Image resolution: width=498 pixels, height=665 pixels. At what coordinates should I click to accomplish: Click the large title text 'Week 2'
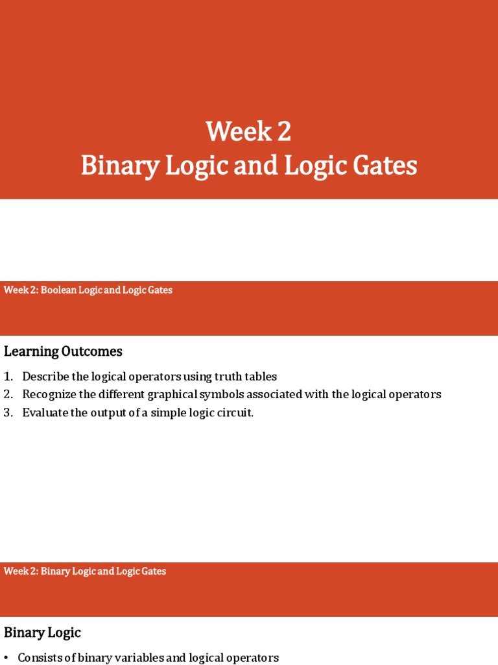tap(249, 132)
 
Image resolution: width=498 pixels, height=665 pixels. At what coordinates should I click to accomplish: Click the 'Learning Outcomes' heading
tap(63, 351)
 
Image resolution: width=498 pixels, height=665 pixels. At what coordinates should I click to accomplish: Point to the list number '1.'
tap(8, 377)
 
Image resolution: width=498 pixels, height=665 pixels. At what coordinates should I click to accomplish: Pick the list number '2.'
tap(8, 394)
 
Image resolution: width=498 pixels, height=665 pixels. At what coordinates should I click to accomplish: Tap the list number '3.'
tap(8, 412)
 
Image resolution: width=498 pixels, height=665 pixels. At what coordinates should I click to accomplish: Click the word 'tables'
tap(261, 377)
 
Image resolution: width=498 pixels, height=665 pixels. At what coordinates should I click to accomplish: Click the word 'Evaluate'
tap(43, 412)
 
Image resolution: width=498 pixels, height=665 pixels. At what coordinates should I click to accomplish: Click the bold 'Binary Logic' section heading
tap(42, 633)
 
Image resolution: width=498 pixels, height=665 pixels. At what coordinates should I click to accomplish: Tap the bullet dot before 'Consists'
tap(6, 658)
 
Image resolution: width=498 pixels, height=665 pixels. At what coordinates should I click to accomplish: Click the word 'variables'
tap(135, 658)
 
